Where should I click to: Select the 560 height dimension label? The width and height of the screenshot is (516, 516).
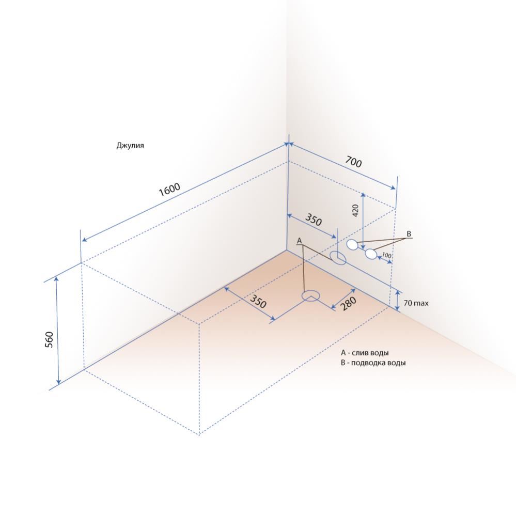[x=49, y=340]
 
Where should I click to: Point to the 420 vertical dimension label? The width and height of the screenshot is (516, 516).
[x=355, y=211]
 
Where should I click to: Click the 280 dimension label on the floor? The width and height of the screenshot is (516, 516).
[x=348, y=303]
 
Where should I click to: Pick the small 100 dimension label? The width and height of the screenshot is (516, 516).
[x=387, y=255]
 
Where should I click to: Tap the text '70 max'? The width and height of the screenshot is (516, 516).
[x=416, y=303]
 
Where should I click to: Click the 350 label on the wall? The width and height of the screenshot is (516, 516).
[x=314, y=220]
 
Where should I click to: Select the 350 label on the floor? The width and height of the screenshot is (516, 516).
[x=258, y=302]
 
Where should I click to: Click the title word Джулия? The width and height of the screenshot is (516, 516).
[x=130, y=146]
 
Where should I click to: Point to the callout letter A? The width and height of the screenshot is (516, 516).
[x=299, y=241]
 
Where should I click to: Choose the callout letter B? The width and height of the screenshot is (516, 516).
[x=409, y=234]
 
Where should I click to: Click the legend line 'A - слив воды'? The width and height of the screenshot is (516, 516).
[x=365, y=353]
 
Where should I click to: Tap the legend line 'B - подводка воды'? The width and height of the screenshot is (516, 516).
[x=373, y=363]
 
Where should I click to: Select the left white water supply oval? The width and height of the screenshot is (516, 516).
[x=352, y=244]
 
